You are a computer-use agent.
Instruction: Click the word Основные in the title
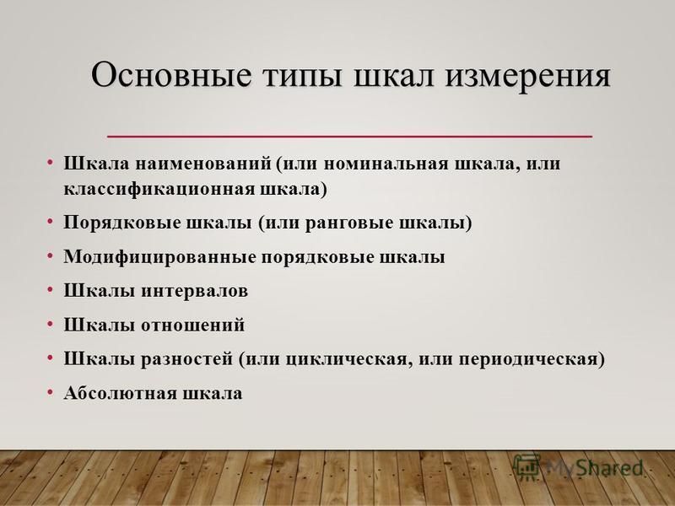point(170,74)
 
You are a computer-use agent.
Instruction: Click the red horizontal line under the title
point(349,137)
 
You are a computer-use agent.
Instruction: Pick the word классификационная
point(159,189)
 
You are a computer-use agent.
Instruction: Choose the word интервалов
point(195,291)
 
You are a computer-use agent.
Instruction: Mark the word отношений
point(193,325)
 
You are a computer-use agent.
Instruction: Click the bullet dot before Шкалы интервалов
point(51,289)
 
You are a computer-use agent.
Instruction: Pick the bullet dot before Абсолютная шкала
point(51,391)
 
